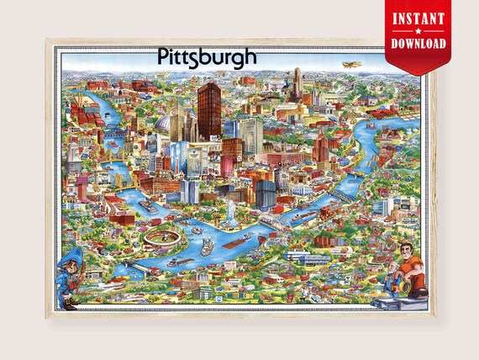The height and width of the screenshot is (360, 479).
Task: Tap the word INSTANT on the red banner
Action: tap(418, 17)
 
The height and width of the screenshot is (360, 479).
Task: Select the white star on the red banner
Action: tap(418, 31)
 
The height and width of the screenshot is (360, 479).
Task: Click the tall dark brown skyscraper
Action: tap(209, 109)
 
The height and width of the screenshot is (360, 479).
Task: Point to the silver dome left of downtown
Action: tap(162, 126)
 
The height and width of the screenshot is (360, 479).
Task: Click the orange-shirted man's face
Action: tap(407, 250)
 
